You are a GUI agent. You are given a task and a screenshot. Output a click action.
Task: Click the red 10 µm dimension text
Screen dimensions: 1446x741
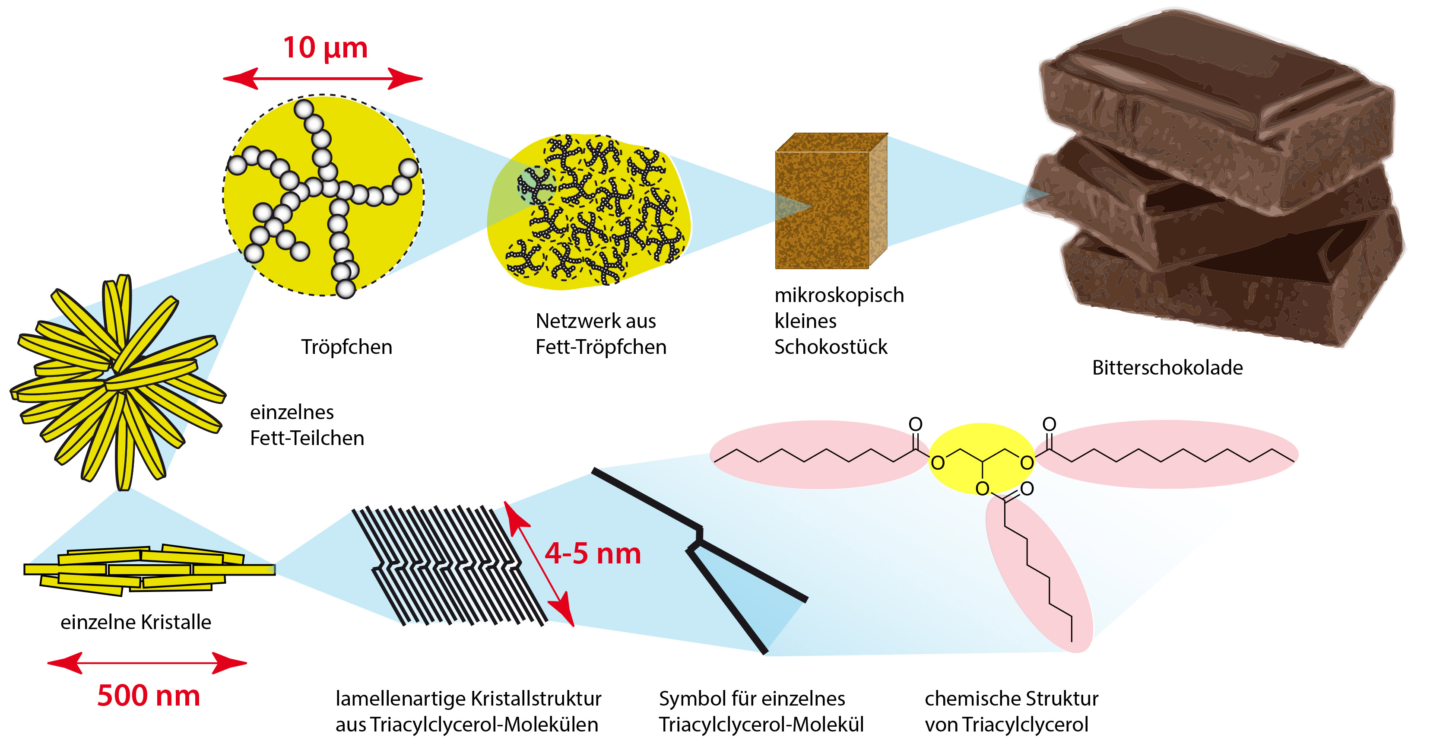325,48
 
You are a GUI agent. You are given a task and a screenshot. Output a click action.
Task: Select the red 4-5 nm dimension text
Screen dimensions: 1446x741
593,553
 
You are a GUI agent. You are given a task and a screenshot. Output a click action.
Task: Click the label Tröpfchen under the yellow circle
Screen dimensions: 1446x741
346,347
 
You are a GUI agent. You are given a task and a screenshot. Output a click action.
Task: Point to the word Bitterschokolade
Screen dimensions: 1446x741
1167,367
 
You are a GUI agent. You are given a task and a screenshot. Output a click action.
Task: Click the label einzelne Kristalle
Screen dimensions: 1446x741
136,622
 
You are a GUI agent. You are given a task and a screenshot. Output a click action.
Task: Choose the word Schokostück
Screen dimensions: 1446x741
831,347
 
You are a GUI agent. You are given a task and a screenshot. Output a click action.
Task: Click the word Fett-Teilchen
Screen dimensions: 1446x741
307,438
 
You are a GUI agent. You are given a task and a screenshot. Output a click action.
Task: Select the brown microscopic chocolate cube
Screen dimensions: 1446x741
831,201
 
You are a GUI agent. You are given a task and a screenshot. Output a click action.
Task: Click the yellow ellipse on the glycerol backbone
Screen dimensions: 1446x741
982,458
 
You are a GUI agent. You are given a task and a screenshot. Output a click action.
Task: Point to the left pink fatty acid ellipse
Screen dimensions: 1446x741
820,454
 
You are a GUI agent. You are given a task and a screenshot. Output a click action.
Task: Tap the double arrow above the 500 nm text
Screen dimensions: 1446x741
147,663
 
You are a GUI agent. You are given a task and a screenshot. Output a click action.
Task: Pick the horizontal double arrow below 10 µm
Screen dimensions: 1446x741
323,79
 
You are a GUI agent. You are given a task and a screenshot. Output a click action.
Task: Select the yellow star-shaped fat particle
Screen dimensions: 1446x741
118,382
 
